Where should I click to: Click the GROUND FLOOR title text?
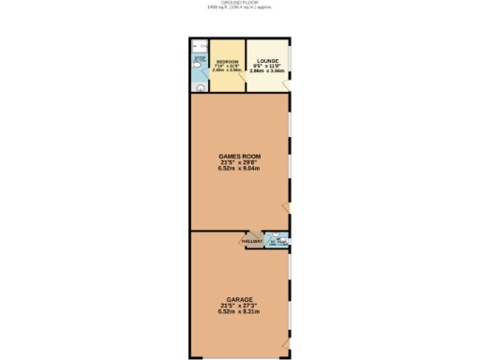tap(240, 3)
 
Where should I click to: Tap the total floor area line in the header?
tap(240, 8)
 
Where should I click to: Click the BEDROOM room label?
tap(225, 61)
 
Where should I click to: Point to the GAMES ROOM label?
tap(239, 155)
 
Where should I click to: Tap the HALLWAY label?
tap(251, 241)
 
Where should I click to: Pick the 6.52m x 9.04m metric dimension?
tap(239, 169)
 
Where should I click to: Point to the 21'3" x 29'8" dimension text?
tap(239, 161)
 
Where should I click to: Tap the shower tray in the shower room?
tap(198, 46)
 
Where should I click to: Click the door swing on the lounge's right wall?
tap(287, 84)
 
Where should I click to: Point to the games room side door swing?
tap(289, 206)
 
